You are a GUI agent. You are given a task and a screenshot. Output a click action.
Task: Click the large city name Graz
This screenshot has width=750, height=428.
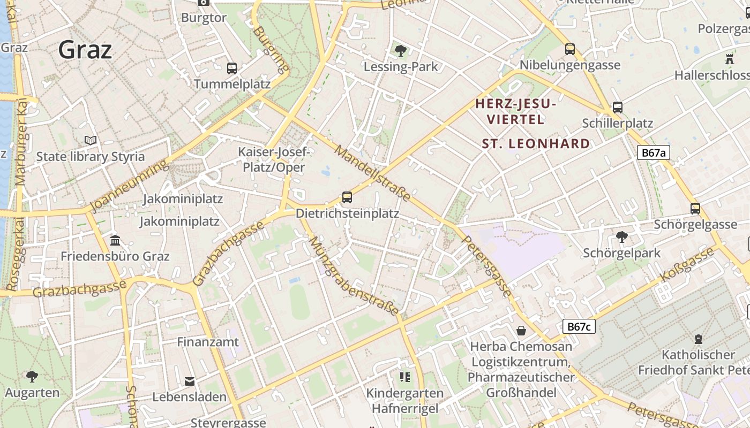click(85, 50)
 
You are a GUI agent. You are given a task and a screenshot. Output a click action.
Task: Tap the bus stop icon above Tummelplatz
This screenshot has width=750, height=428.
click(231, 68)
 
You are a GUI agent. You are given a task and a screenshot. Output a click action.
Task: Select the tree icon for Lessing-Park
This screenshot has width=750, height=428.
click(400, 51)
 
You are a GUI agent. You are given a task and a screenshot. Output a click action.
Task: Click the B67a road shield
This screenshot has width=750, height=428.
click(654, 152)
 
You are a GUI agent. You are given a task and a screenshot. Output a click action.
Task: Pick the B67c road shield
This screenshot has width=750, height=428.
click(579, 326)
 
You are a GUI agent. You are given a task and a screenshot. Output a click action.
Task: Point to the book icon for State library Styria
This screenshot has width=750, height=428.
click(91, 141)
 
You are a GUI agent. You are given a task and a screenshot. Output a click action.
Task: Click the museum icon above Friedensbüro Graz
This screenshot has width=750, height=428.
click(115, 240)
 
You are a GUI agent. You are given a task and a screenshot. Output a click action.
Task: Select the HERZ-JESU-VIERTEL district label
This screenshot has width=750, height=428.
click(516, 111)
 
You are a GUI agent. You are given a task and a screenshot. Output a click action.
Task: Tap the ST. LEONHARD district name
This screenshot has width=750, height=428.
click(536, 143)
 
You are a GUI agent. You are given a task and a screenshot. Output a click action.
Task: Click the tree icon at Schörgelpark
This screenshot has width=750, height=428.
click(621, 236)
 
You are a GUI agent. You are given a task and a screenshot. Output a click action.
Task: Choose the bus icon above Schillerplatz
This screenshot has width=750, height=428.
click(618, 108)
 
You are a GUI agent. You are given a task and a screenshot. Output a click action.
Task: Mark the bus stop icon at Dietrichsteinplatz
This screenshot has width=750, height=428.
click(347, 197)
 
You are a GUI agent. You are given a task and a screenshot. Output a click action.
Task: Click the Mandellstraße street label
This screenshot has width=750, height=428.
click(372, 173)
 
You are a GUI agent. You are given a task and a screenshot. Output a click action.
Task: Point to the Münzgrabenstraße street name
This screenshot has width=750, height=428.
click(354, 276)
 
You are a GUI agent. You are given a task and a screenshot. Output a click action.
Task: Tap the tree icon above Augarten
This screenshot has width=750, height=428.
click(32, 377)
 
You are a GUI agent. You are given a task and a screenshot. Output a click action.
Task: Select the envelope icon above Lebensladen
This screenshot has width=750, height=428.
click(190, 381)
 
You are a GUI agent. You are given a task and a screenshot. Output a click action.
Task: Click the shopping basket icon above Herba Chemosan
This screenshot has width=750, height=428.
click(521, 331)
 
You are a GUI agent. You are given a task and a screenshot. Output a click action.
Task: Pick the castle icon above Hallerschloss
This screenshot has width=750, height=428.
click(729, 58)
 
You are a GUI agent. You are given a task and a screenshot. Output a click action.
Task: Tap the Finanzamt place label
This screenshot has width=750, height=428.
click(208, 341)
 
